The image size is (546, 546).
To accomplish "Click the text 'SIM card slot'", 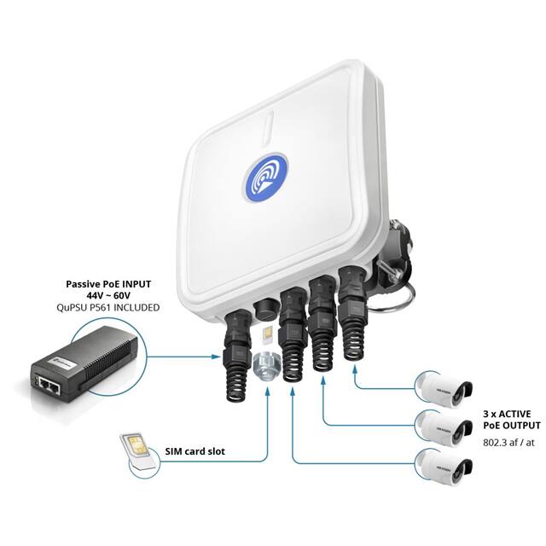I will (x=194, y=451).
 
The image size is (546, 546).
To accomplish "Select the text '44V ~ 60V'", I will (x=112, y=295).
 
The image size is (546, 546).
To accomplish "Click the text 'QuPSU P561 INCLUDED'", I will (x=112, y=307).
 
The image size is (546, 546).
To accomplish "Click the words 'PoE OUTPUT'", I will (x=511, y=424).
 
